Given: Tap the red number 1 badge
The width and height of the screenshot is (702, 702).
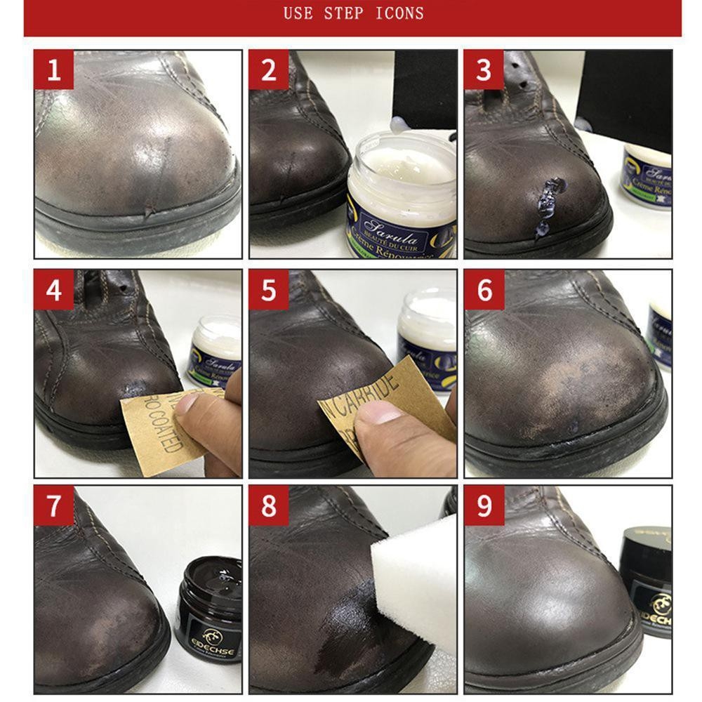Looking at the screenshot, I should click(x=54, y=69).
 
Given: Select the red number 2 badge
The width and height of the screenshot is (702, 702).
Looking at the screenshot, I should click(x=269, y=69).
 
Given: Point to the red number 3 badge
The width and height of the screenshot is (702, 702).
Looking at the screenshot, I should click(x=484, y=69).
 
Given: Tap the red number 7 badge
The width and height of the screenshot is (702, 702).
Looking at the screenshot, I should click(x=54, y=505).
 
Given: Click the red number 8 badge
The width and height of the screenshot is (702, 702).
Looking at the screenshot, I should click(x=269, y=505).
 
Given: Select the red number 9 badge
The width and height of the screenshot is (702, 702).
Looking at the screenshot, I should click(x=484, y=505).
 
